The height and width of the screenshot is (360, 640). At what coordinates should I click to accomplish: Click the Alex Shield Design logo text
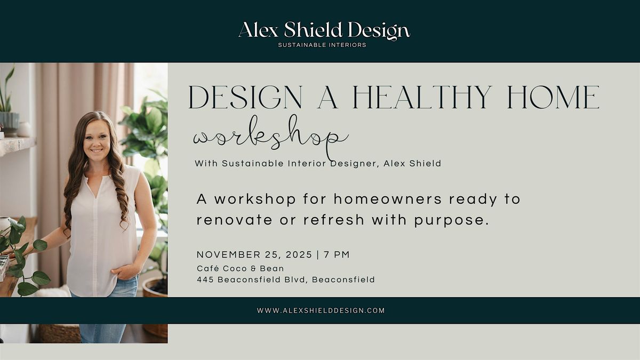324,30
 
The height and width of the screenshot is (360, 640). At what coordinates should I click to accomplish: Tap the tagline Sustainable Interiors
322,45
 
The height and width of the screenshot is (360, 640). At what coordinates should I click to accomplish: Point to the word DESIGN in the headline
245,98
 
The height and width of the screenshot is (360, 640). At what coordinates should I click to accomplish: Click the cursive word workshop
270,138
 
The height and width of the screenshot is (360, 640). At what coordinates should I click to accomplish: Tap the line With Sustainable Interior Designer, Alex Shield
318,164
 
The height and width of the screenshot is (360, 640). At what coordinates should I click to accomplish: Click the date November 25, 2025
254,254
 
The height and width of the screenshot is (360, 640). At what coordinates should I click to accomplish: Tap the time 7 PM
337,254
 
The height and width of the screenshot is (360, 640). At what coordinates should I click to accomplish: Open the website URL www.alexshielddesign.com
321,310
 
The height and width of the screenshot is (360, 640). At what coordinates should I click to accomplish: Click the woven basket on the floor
59,334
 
